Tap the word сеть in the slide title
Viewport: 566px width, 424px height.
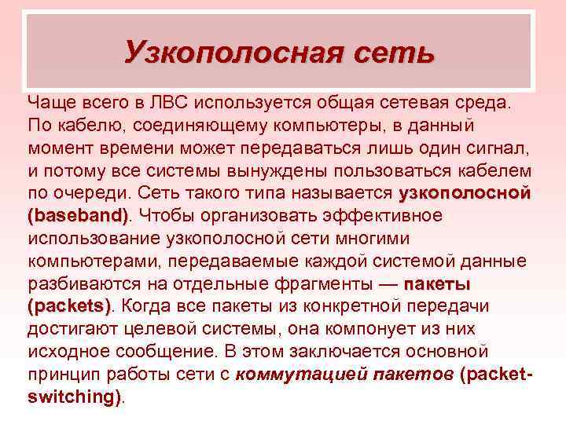[394, 53]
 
